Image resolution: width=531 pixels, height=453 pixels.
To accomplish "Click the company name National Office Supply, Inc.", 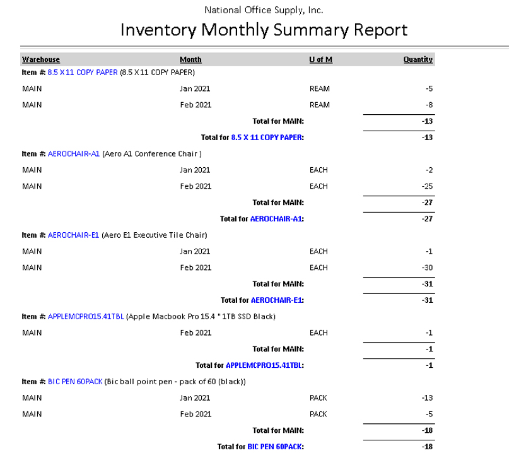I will point(264,10).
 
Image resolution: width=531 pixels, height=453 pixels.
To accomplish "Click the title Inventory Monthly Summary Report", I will point(264,30).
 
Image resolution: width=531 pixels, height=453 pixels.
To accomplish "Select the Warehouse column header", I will point(41,59).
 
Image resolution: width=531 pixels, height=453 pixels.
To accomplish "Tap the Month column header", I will point(190,59).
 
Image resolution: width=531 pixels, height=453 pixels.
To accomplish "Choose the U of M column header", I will point(320,59).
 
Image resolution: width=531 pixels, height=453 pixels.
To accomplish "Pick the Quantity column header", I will point(418,59).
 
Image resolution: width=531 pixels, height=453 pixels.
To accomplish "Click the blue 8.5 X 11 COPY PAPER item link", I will point(83,73).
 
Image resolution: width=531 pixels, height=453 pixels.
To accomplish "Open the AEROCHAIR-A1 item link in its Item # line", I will point(73,153).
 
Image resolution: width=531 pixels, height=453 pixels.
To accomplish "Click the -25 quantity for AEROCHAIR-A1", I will point(427,186).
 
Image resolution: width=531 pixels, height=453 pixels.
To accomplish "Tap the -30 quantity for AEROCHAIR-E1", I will point(427,268).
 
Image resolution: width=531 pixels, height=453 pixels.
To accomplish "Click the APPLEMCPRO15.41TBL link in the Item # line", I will point(86,316).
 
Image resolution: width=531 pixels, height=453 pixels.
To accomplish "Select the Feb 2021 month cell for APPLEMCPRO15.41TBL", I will point(195,332).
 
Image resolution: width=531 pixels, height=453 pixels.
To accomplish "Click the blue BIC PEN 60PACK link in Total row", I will point(275,447).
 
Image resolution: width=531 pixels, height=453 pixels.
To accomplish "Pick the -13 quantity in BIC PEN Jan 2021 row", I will point(427,397).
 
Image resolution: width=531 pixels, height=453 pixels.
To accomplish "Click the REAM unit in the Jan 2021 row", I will point(319,88).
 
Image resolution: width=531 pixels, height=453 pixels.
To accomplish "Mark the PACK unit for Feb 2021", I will point(318,414).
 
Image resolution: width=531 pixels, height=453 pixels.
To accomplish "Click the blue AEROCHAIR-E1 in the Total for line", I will point(277,300).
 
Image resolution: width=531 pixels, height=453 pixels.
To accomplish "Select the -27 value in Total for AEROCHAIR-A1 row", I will point(427,219).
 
